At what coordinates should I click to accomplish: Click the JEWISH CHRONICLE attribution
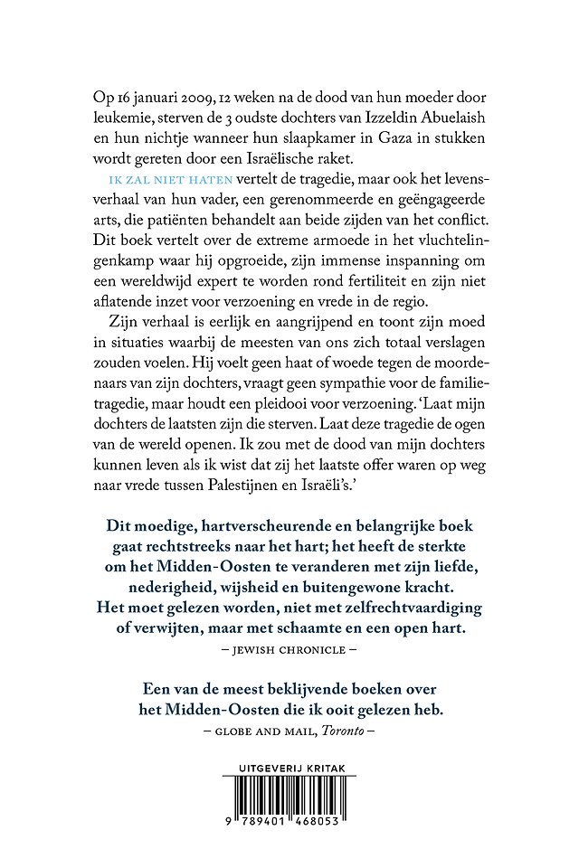pyautogui.click(x=289, y=650)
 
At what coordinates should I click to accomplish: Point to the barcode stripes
pyautogui.click(x=289, y=801)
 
